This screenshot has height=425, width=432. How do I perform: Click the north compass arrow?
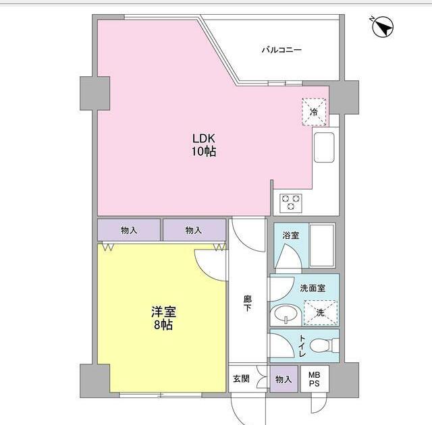[383, 28]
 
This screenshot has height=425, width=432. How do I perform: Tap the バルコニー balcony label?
[281, 50]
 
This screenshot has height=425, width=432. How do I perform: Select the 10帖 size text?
[202, 152]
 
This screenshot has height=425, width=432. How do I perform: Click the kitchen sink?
[324, 147]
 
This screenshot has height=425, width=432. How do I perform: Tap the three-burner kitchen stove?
[292, 200]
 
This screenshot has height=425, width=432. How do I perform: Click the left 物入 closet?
[129, 230]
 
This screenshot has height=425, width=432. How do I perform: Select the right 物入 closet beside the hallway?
[194, 230]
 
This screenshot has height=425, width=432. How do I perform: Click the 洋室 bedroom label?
[163, 312]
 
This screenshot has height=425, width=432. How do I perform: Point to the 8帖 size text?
[163, 326]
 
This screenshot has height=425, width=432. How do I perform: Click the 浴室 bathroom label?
[291, 235]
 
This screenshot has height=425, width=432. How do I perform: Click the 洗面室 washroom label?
[313, 287]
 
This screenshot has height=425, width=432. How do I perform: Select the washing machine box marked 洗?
[320, 312]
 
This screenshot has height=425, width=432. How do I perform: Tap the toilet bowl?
[323, 346]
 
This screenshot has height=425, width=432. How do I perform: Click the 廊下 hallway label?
[248, 304]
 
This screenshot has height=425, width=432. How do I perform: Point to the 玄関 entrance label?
[240, 379]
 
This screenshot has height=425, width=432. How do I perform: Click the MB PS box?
[315, 379]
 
